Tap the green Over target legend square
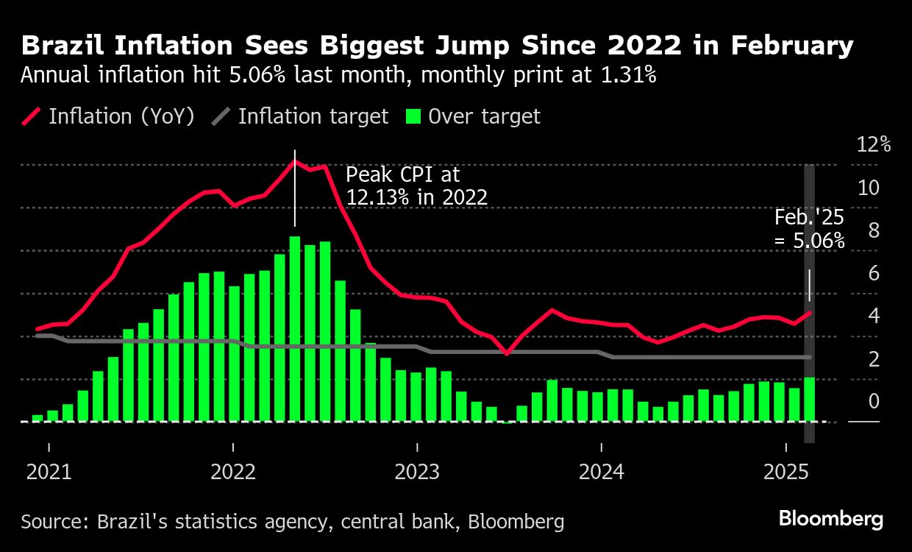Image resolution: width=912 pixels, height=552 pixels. [413, 116]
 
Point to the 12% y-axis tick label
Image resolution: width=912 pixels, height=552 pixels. [874, 145]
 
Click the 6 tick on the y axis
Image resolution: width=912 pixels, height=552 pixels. [874, 273]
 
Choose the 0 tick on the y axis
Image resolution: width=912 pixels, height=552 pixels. [874, 401]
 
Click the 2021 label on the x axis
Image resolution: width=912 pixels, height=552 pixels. [49, 471]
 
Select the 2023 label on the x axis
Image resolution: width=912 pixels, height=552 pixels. [417, 471]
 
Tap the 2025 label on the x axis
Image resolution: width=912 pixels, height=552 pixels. [785, 471]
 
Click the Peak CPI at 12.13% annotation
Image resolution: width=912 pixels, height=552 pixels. [416, 185]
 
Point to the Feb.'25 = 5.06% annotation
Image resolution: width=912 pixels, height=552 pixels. [809, 229]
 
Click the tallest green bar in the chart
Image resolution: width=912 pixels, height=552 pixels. [295, 328]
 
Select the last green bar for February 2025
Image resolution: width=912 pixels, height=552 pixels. [809, 399]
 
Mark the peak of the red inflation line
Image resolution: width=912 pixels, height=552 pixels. [295, 161]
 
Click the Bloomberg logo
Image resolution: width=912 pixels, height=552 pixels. [830, 519]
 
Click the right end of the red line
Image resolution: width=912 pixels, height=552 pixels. [810, 313]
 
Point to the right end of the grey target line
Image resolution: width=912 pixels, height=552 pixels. [810, 357]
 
